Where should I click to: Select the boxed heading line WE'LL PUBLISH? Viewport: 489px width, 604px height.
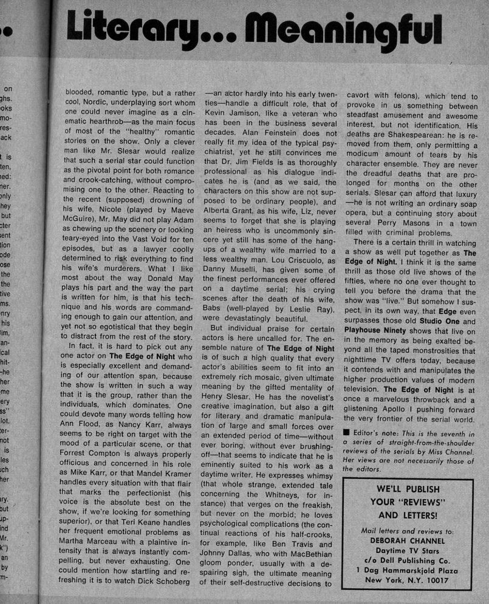[x=408, y=489]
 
